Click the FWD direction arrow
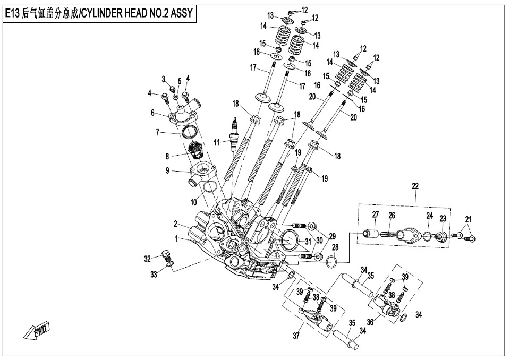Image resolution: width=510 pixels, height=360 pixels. [37, 331]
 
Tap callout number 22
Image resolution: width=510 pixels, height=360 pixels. [415, 186]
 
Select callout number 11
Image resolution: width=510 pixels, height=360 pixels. [217, 142]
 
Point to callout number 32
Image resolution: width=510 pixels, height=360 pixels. [147, 259]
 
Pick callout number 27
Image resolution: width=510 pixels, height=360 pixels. [375, 215]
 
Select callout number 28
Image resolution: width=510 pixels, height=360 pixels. [335, 247]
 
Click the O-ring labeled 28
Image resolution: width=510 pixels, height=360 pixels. [330, 261]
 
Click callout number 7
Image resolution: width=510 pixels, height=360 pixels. [157, 132]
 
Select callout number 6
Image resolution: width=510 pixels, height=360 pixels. [152, 113]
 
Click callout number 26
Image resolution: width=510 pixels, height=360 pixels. [392, 215]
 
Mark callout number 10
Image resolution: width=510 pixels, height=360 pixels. [193, 202]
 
